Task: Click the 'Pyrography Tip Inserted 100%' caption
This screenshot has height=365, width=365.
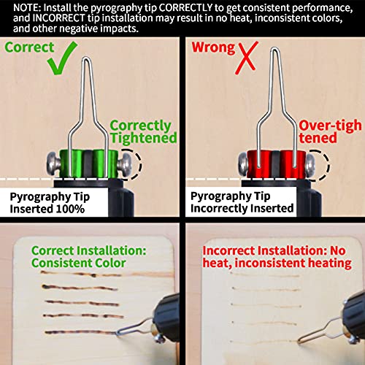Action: click(x=49, y=202)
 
